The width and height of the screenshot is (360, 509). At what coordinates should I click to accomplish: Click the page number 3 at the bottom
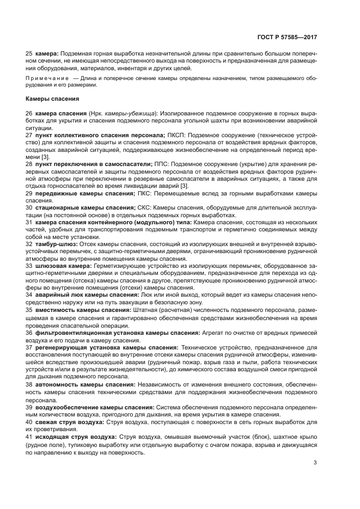tap(315, 463)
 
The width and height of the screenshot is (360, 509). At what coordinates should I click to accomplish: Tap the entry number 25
tap(29, 54)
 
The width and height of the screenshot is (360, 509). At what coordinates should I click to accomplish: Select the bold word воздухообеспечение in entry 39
tap(67, 407)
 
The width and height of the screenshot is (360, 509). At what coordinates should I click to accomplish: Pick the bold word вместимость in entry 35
tap(56, 309)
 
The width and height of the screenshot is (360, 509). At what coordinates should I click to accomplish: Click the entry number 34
tap(29, 295)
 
